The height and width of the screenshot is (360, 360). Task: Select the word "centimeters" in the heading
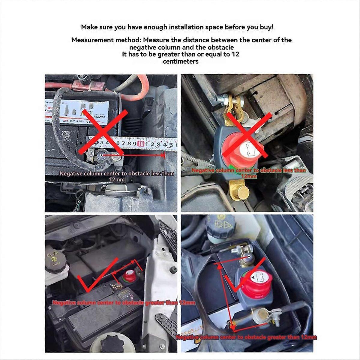pyautogui.click(x=181, y=61)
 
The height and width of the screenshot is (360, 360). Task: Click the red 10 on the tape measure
pyautogui.click(x=141, y=144)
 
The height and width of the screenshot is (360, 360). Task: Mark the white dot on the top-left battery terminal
pyautogui.click(x=101, y=155)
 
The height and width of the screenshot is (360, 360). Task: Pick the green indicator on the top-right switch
pyautogui.click(x=232, y=168)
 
